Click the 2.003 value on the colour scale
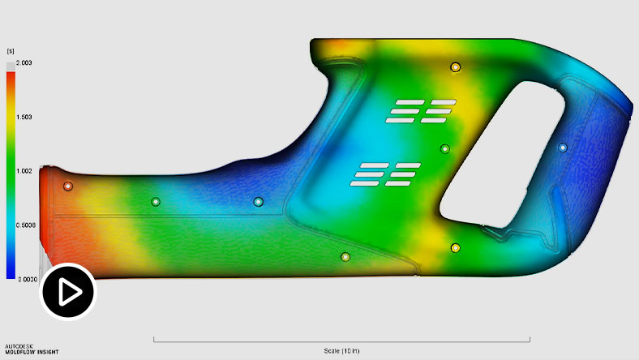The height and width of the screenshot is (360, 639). coord(24,62)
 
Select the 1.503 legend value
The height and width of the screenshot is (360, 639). coord(24,117)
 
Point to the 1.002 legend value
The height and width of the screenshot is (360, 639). coord(24,171)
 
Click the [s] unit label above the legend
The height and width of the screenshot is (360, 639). coord(11,51)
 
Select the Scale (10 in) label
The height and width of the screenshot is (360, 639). coord(341,350)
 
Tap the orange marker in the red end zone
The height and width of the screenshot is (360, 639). coord(68,186)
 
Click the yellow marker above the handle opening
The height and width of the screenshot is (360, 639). coord(456,66)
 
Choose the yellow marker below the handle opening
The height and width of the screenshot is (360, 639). coord(456,247)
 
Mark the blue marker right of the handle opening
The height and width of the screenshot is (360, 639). coord(563,148)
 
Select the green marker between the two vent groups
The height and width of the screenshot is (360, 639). coord(444,148)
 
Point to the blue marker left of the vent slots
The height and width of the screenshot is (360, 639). coord(259,201)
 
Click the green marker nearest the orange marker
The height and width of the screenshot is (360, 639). coord(156,201)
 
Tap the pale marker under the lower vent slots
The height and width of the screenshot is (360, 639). coord(345,257)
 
